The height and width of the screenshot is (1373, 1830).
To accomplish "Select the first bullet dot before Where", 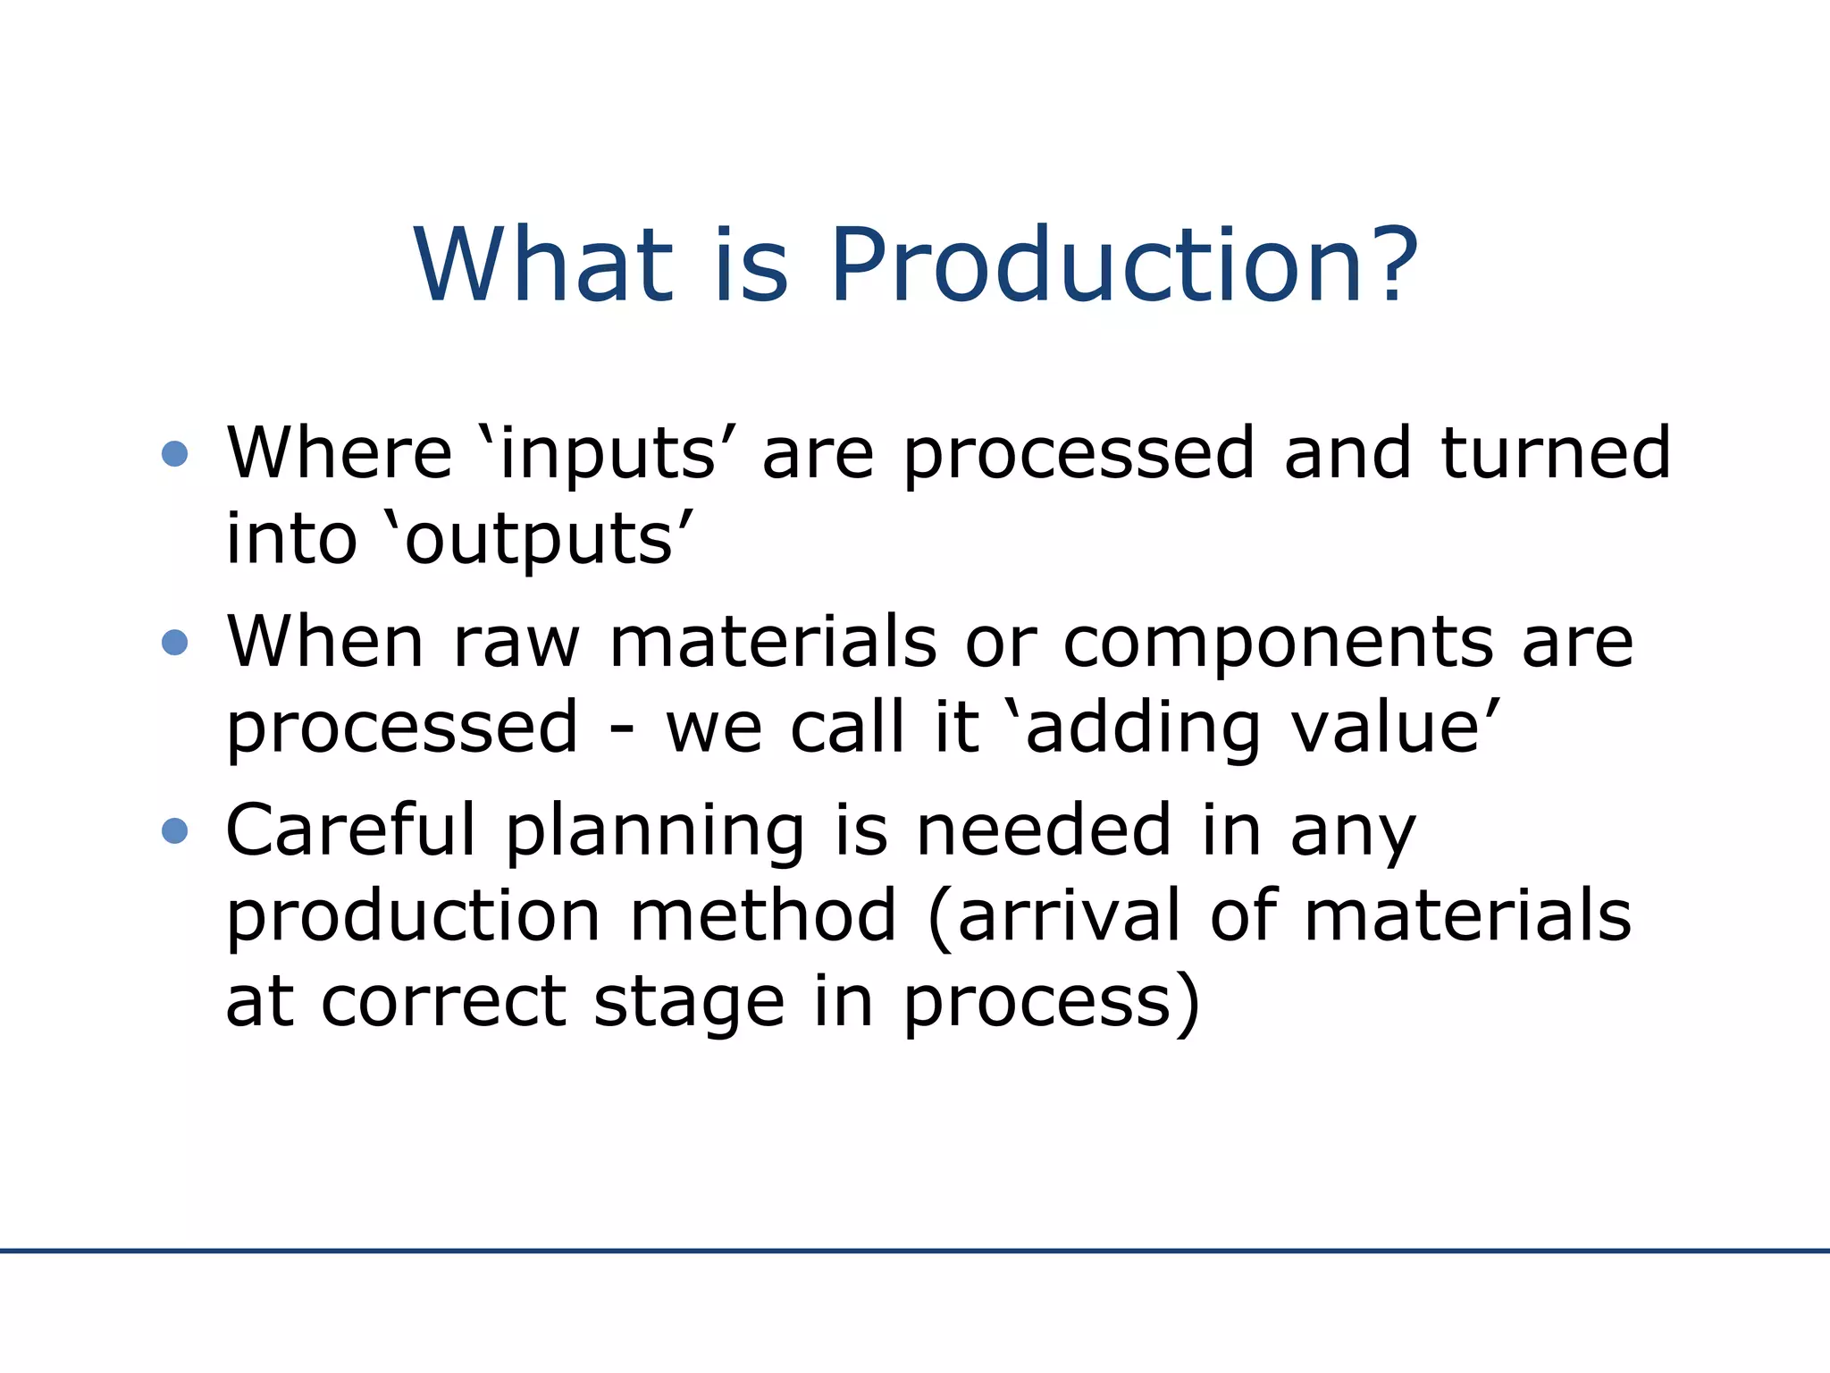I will point(174,454).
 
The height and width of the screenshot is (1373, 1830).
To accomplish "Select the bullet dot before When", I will point(174,643).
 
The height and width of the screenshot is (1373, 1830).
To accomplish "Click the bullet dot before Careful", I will point(174,831).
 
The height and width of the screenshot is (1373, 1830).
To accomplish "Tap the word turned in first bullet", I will point(1555,453).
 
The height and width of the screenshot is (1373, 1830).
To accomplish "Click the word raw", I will point(516,644).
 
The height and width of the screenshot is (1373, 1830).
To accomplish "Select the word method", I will point(763,915).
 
